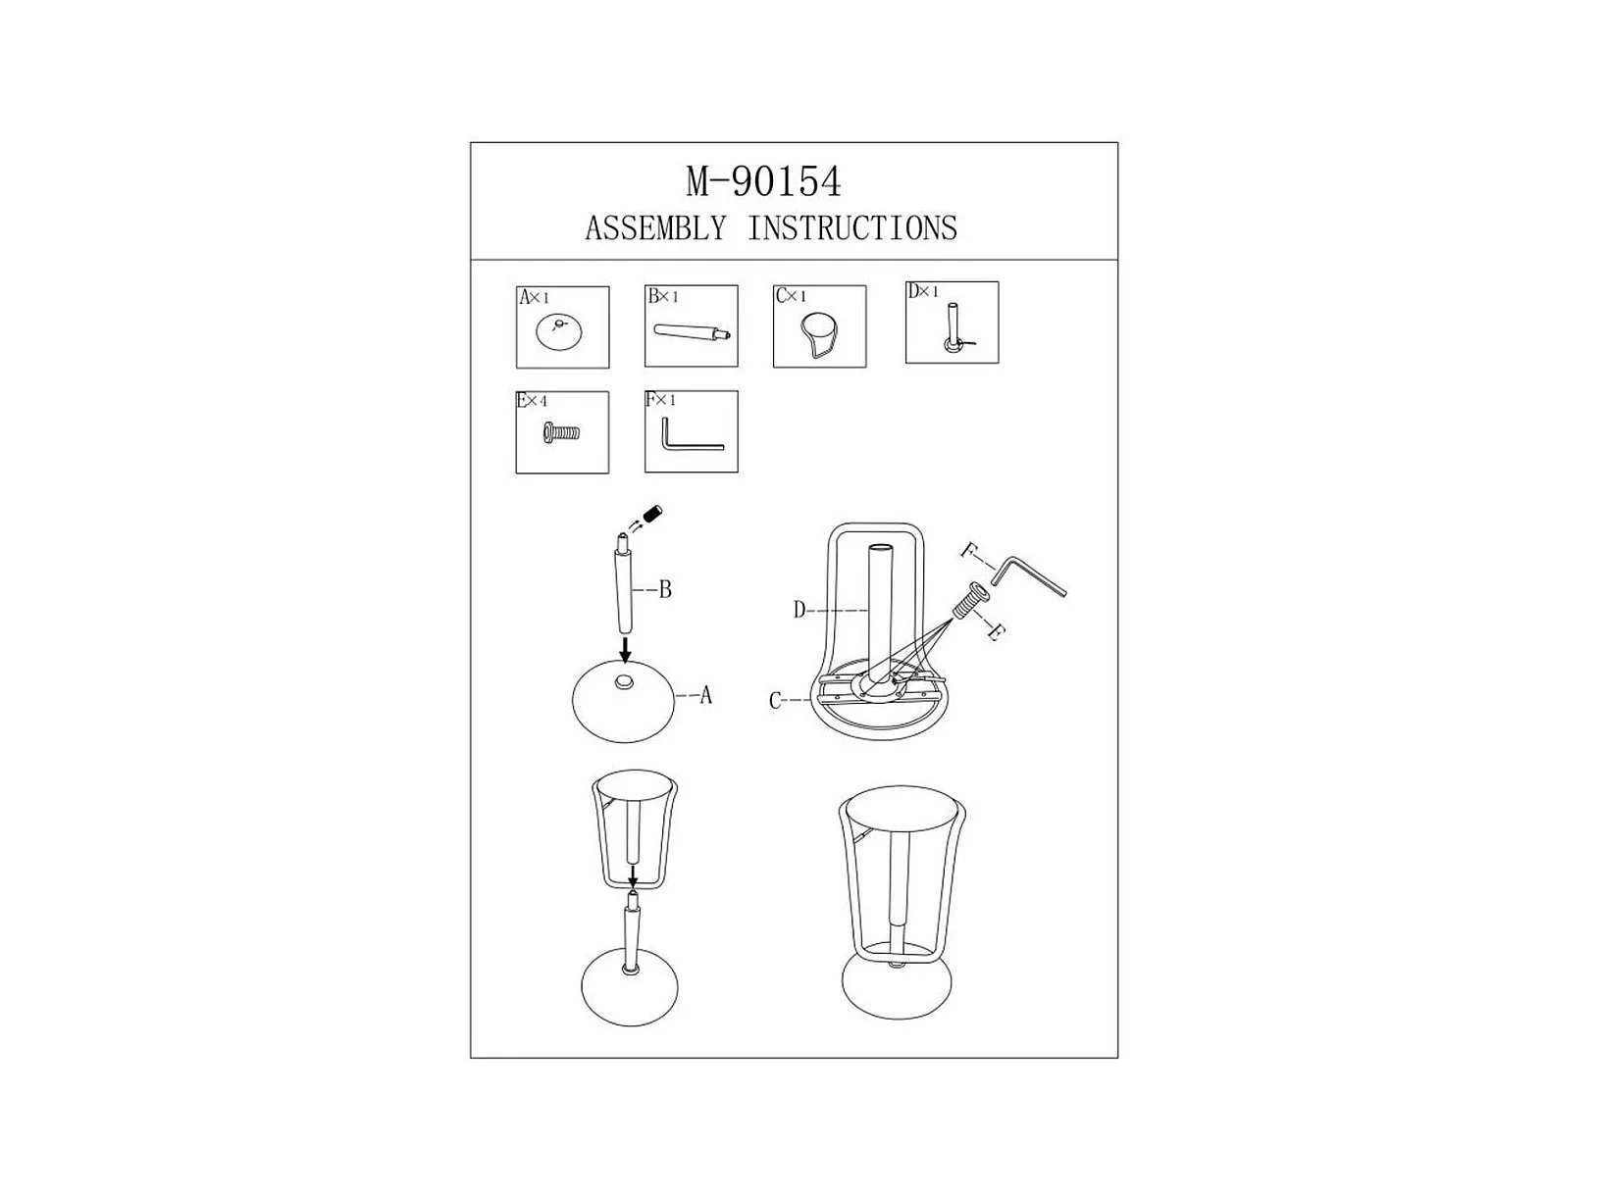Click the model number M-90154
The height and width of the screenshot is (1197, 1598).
click(763, 181)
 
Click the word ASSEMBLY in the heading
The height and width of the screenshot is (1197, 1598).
click(656, 228)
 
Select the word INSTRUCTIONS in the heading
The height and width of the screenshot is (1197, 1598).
click(851, 228)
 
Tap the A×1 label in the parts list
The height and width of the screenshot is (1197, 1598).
click(534, 297)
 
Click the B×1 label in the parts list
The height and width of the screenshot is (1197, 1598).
click(662, 296)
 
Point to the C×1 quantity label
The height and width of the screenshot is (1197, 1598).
click(791, 296)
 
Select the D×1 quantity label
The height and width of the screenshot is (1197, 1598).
click(923, 291)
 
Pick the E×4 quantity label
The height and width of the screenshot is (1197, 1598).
click(532, 401)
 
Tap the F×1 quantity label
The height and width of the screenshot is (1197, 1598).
click(660, 400)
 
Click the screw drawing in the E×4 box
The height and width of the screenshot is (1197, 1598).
click(561, 434)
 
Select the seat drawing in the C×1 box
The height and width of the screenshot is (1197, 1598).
click(819, 334)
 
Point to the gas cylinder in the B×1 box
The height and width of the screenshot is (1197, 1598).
click(692, 332)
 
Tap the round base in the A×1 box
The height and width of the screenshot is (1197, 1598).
click(559, 333)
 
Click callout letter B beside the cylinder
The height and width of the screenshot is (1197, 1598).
click(665, 590)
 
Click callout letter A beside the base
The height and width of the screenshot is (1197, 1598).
click(705, 696)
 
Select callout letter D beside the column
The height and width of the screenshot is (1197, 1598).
click(799, 610)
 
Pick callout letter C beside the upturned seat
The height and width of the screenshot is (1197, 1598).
click(775, 700)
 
